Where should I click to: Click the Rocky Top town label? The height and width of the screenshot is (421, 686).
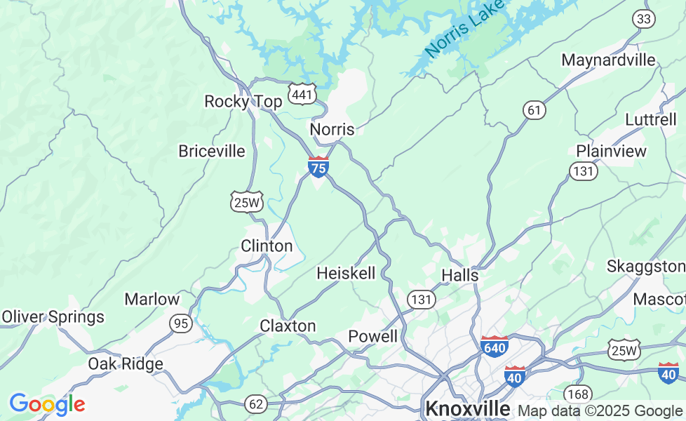243,102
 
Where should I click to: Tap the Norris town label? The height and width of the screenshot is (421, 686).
332,129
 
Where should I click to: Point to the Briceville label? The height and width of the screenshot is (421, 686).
212,151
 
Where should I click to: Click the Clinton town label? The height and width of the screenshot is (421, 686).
267,246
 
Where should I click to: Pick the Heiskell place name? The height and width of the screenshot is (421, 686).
346,273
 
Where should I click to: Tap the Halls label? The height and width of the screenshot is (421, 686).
460,275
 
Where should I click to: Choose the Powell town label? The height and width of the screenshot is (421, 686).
373,336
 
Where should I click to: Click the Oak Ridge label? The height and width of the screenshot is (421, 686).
126,363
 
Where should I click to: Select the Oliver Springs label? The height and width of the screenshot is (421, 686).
53,317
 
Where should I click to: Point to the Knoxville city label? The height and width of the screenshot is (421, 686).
468,408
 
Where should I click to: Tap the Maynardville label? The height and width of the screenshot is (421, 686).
608,60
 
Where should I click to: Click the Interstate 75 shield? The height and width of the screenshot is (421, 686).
318,167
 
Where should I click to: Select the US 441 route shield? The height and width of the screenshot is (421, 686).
302,93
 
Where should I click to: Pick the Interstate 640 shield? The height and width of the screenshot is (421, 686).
495,347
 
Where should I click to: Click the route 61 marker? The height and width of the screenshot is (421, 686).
534,109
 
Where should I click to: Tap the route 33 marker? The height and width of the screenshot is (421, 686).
644,20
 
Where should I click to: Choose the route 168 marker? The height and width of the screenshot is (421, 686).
579,394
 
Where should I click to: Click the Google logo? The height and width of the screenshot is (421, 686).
47,404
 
